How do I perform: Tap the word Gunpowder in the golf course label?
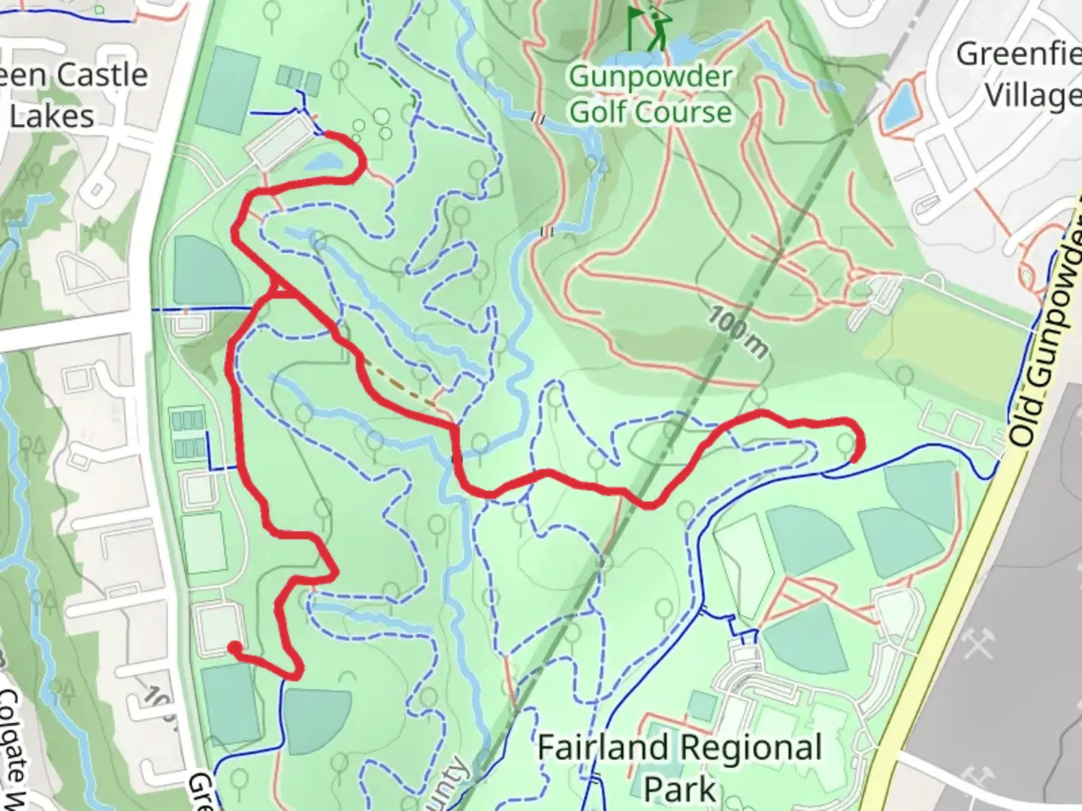pos(651,77)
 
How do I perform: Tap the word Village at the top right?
pos(1032,96)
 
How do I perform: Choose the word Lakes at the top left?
pos(52,116)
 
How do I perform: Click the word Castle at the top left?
pos(102,75)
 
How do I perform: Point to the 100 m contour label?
pos(738,333)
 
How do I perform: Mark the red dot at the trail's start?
pos(234,648)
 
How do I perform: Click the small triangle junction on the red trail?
pos(280,288)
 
